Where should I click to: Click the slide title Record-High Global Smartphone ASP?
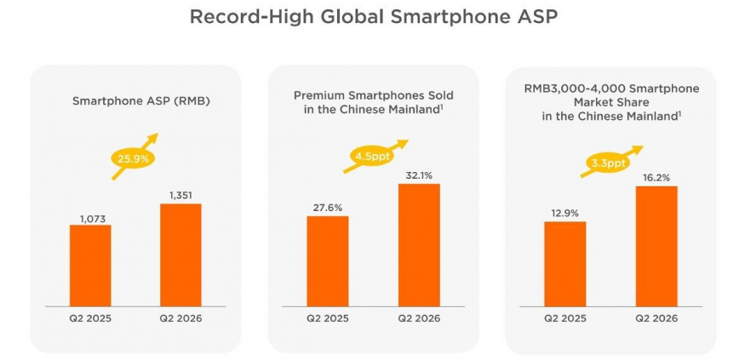point(373,17)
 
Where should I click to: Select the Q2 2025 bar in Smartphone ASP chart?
point(90,266)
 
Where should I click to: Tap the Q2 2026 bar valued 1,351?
point(181,255)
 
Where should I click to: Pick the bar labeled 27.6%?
point(327,261)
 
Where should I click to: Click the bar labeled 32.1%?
point(419,245)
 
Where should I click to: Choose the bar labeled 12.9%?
point(565,264)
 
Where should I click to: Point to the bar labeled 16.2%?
point(656,247)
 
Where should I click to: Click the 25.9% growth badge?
point(134,158)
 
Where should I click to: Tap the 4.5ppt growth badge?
point(373,156)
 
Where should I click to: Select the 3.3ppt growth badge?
point(609,163)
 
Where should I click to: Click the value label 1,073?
point(93,219)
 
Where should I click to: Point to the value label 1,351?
point(180,195)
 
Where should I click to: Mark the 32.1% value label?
point(419,175)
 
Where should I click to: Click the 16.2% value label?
point(656,178)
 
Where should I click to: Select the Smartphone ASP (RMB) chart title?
point(140,101)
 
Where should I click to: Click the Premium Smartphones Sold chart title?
point(374,102)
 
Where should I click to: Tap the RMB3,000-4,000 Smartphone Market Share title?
point(611,102)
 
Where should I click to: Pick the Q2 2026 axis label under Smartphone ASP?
point(181,318)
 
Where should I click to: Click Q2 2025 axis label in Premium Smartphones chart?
point(327,318)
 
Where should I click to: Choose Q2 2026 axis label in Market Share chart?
point(656,318)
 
